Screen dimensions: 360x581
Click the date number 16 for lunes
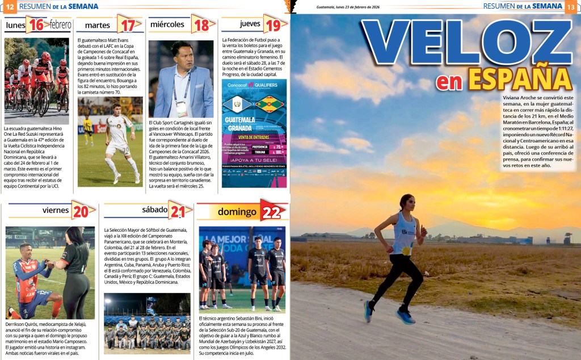pyautogui.click(x=36, y=24)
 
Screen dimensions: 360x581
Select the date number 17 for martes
pyautogui.click(x=128, y=24)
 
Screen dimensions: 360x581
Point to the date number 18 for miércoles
pyautogui.click(x=201, y=24)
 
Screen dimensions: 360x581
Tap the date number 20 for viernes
pyautogui.click(x=81, y=211)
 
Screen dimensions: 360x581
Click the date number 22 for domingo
pyautogui.click(x=270, y=211)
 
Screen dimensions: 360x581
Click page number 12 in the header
pyautogui.click(x=9, y=7)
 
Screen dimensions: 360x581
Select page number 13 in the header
pyautogui.click(x=572, y=7)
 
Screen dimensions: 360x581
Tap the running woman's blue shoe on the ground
pyautogui.click(x=405, y=316)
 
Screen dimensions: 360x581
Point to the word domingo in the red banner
pyautogui.click(x=237, y=212)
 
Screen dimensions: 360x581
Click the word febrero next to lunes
pyautogui.click(x=60, y=24)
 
